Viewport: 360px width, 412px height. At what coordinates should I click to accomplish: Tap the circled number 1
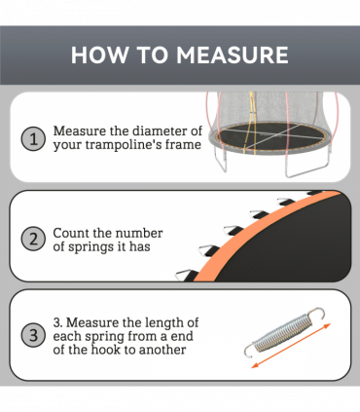34,139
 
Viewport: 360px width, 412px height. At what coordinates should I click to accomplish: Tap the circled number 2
34,239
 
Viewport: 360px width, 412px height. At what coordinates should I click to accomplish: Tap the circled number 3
34,336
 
